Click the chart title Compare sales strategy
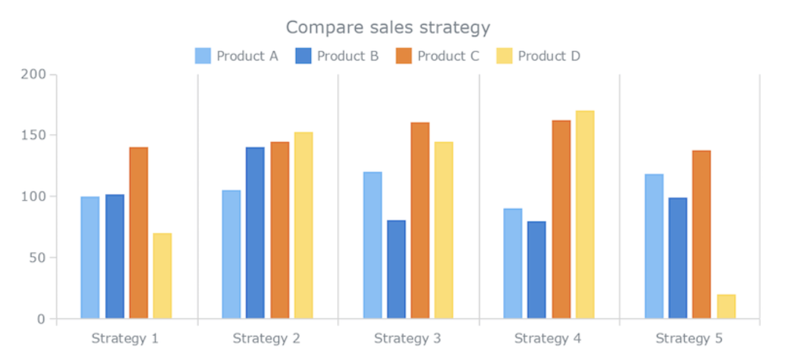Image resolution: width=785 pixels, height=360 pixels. coord(388,28)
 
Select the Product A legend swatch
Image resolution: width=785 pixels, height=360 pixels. coord(203,56)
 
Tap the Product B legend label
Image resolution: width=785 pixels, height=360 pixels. coord(348,56)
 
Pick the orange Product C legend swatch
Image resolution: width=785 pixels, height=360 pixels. coord(403,56)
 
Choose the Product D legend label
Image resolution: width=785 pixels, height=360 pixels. coord(549,56)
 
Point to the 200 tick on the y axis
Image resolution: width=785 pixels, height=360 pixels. coord(33,75)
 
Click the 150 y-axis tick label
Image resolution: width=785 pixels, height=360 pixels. coord(33,135)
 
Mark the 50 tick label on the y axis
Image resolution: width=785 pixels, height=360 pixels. coord(37,257)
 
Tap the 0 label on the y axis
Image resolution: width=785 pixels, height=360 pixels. coord(41,319)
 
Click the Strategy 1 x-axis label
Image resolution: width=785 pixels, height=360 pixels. coord(125,338)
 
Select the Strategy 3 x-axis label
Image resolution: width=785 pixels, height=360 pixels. coord(408,338)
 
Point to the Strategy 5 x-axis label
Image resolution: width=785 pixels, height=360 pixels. coord(689,338)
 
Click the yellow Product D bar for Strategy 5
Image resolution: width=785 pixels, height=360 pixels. coord(726,307)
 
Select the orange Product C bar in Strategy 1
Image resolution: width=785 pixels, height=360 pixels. coord(138,233)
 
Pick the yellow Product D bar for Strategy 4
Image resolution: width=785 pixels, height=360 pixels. coord(585,214)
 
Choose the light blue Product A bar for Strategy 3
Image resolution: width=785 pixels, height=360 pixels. coord(373,245)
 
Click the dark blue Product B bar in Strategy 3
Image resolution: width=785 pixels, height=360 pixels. coord(396,269)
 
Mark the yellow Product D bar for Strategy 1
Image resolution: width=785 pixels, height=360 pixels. coord(162,275)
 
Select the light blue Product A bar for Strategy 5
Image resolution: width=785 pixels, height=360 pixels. coord(654,246)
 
